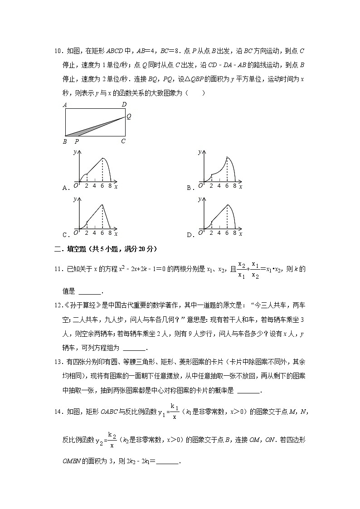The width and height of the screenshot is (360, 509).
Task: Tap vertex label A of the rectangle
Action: (x=65, y=105)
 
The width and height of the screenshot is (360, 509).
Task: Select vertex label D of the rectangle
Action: (x=124, y=105)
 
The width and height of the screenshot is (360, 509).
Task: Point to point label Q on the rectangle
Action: (x=129, y=116)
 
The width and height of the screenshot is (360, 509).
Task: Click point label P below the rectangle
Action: (x=76, y=141)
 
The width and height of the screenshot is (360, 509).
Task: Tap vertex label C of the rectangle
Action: (x=123, y=141)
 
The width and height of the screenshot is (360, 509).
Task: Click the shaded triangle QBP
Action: (x=84, y=131)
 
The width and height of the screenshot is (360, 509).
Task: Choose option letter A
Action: (x=65, y=187)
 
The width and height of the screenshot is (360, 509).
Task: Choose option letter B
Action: (x=190, y=187)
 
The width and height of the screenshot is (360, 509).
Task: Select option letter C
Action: (x=65, y=235)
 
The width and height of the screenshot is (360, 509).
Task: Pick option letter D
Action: (x=190, y=235)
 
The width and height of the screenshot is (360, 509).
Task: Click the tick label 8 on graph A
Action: (x=110, y=185)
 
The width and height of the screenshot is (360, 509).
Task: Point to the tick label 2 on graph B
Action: (x=211, y=185)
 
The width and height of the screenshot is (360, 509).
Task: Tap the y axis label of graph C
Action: (x=74, y=199)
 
